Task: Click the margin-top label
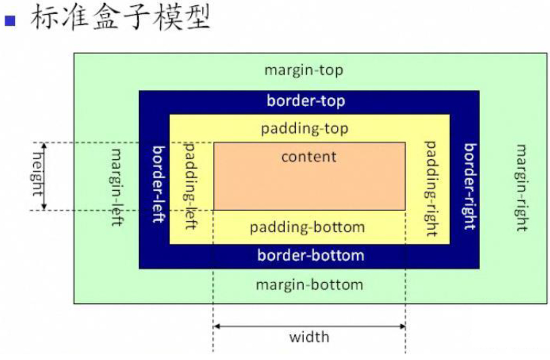coord(304,70)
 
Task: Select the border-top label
coord(305,100)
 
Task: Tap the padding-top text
coord(305,128)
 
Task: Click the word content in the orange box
coord(309,156)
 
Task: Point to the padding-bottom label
coord(307,227)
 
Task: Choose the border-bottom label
coord(310,255)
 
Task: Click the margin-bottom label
coord(309,284)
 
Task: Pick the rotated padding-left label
coord(190,185)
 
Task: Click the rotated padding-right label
coord(431,188)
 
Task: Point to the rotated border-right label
coord(470,186)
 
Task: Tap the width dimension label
coord(309,337)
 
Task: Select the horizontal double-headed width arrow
coord(309,326)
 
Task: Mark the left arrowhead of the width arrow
coord(216,326)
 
